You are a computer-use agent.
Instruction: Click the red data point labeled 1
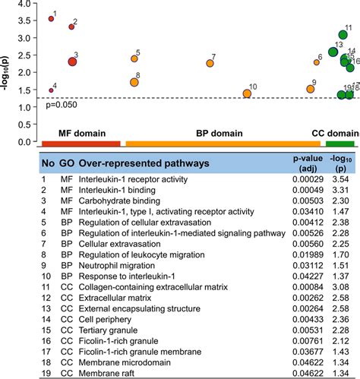point(51,19)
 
